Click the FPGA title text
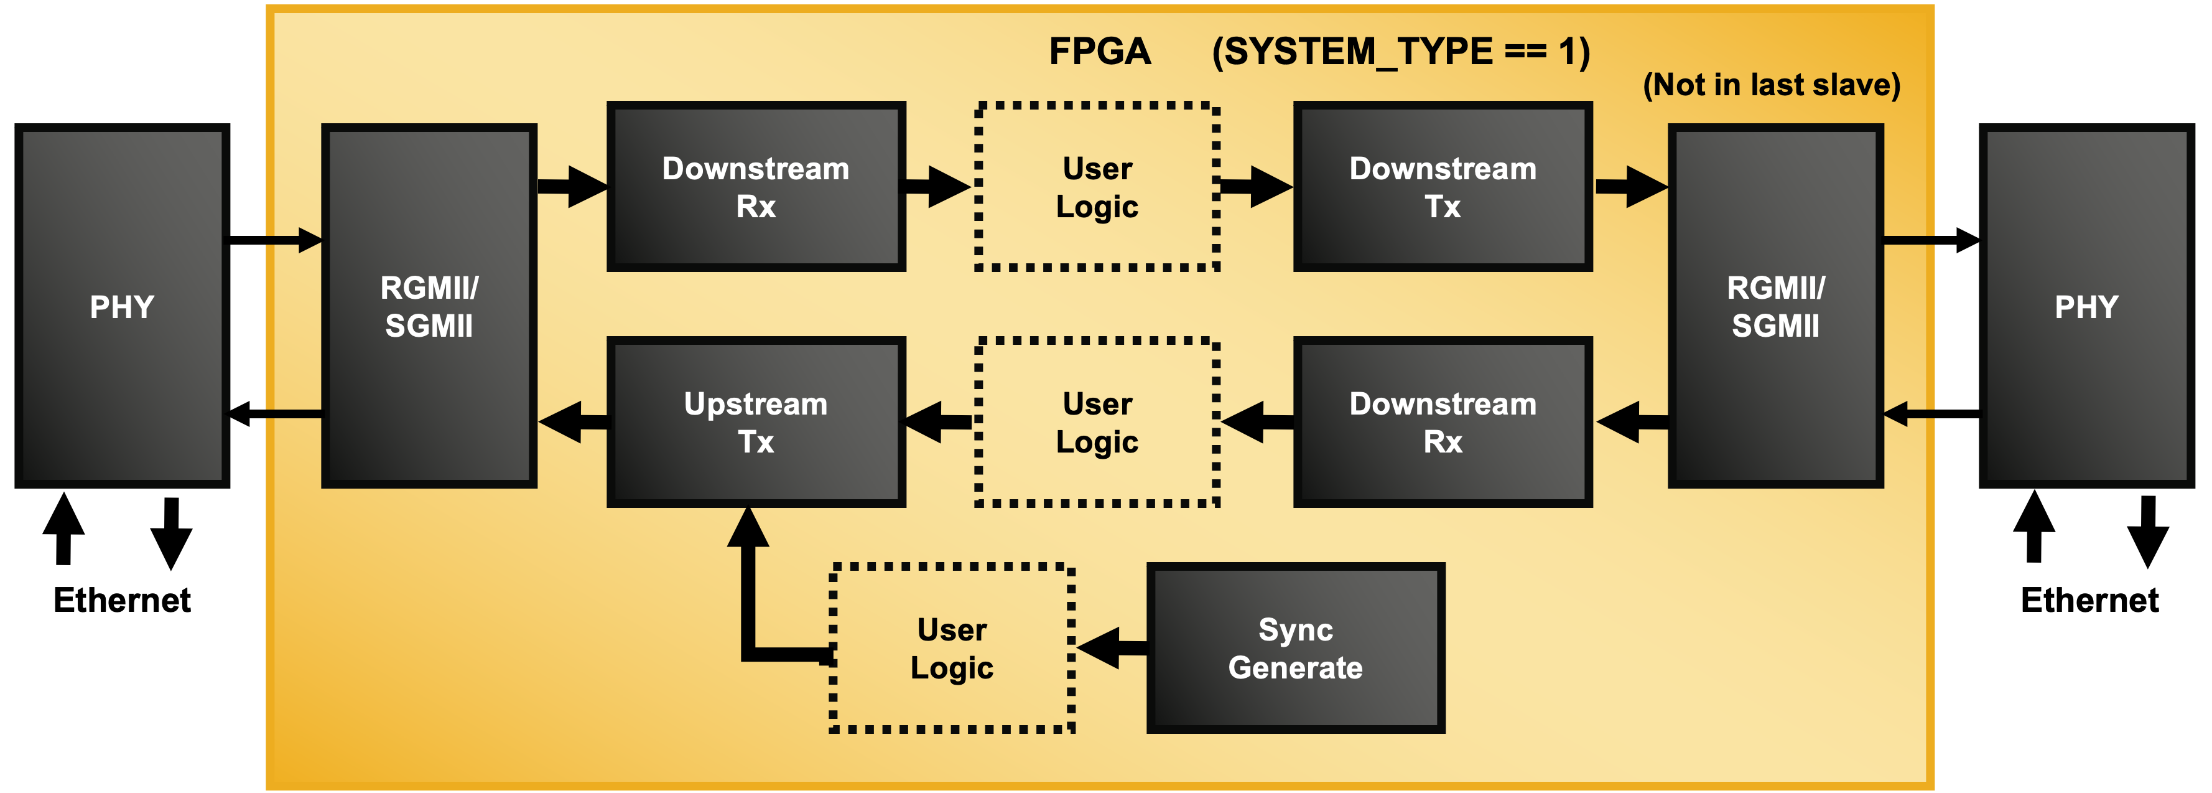[x=1099, y=52]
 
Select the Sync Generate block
[x=1295, y=649]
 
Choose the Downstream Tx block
[x=1443, y=187]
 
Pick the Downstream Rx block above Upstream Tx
[x=756, y=187]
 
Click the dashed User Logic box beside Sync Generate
[x=952, y=649]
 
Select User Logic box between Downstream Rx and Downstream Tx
[x=1097, y=187]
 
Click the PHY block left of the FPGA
[x=122, y=307]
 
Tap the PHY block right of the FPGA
[x=2086, y=307]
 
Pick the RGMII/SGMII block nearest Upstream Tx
[x=429, y=307]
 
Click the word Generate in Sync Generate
[x=1295, y=667]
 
